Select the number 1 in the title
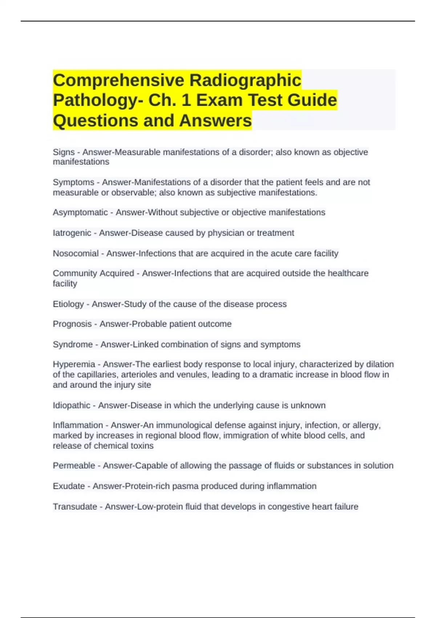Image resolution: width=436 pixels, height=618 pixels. click(186, 100)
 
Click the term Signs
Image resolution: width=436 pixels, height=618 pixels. click(64, 152)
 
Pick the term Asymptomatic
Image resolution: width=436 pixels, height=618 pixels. click(80, 213)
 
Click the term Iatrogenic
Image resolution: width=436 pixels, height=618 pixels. click(72, 233)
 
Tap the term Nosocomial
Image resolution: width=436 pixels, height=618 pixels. click(76, 253)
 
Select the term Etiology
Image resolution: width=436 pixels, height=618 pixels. click(68, 304)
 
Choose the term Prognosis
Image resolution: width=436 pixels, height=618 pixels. click(72, 324)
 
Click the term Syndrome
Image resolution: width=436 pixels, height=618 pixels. click(73, 344)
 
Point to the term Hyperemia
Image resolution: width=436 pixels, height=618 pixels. click(74, 364)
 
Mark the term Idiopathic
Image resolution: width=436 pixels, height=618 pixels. click(72, 405)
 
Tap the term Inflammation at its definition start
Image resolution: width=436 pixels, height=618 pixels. click(78, 425)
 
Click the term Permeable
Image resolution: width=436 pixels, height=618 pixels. click(74, 466)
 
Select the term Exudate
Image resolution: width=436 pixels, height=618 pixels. click(69, 486)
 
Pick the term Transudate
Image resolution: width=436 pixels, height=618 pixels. click(75, 506)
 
